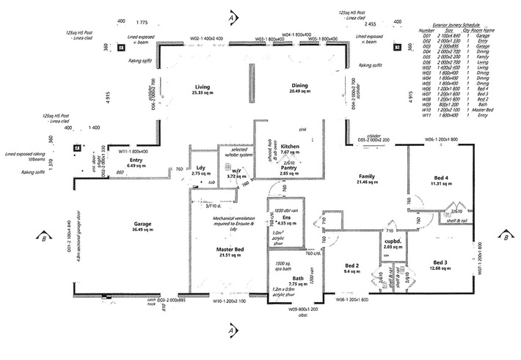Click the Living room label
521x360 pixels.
point(196,86)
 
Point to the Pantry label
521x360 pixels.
point(288,168)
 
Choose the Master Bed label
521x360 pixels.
point(230,249)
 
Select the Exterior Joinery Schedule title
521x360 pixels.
point(473,24)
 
